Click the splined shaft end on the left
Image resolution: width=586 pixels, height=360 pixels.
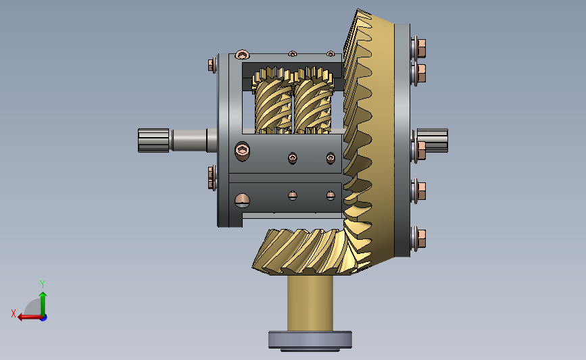click(153, 140)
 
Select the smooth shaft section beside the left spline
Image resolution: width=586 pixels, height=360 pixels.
click(189, 140)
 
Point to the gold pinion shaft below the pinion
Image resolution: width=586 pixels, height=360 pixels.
click(310, 303)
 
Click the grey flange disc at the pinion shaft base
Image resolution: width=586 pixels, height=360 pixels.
click(310, 340)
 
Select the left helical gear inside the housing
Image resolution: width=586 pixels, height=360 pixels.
click(273, 101)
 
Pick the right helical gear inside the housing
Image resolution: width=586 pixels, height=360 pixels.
click(313, 101)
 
